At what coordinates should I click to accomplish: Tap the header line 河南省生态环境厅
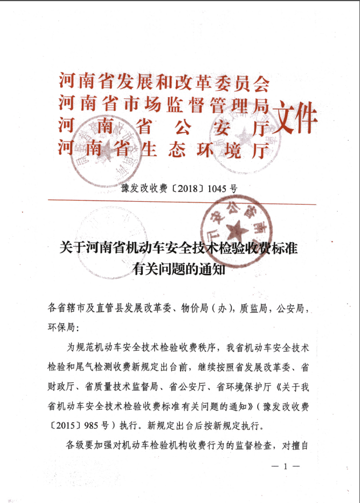(164, 149)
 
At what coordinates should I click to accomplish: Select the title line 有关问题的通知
(179, 269)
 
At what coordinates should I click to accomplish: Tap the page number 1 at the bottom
(284, 466)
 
